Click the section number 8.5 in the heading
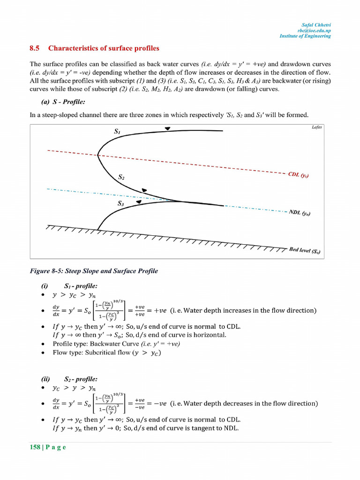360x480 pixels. [x=34, y=48]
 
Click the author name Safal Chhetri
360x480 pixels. [x=316, y=24]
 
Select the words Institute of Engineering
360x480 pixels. [x=305, y=36]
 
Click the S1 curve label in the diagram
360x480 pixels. [x=117, y=132]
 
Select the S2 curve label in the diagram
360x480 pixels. [x=121, y=177]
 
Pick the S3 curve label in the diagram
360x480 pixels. [x=120, y=204]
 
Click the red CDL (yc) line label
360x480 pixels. [x=298, y=175]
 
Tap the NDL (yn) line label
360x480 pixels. [x=300, y=213]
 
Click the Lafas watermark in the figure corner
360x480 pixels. [x=316, y=127]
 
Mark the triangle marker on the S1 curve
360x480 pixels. [x=167, y=129]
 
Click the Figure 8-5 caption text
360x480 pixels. [x=94, y=271]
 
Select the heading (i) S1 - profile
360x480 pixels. [x=69, y=285]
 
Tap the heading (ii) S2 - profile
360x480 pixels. [x=69, y=379]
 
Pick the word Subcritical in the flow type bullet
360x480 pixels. [x=101, y=352]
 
